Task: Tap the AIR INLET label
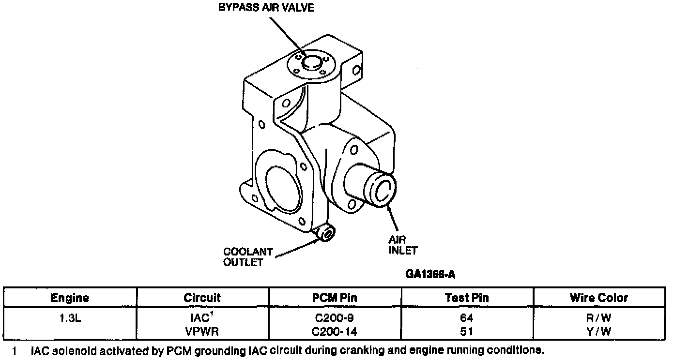pyautogui.click(x=402, y=245)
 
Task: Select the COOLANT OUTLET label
pyautogui.click(x=247, y=257)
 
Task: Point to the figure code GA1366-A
pyautogui.click(x=430, y=274)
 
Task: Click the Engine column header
pyautogui.click(x=70, y=298)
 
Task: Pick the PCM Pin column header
pyautogui.click(x=335, y=298)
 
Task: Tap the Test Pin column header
pyautogui.click(x=467, y=298)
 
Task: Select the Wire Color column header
pyautogui.click(x=599, y=298)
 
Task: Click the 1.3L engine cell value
pyautogui.click(x=70, y=318)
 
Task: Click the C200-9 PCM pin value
pyautogui.click(x=335, y=318)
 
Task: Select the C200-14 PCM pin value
pyautogui.click(x=335, y=331)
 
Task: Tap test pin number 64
pyautogui.click(x=467, y=318)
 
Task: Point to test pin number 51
pyautogui.click(x=467, y=331)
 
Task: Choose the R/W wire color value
pyautogui.click(x=599, y=318)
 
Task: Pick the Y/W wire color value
pyautogui.click(x=599, y=331)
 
